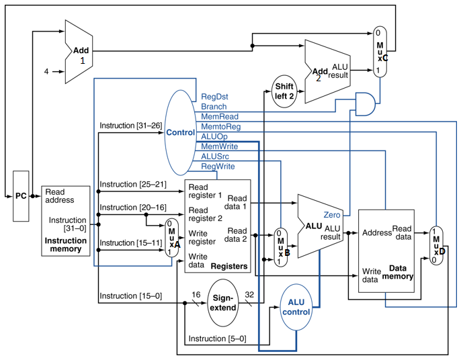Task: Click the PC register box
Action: tap(22, 196)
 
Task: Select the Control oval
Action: tap(181, 132)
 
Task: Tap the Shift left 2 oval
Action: tap(283, 91)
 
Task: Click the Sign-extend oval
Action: tap(223, 302)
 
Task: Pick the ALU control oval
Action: tap(296, 306)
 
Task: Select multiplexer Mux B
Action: tap(280, 246)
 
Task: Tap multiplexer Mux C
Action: tap(381, 51)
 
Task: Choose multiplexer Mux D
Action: tap(437, 245)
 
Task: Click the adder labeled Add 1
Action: tap(79, 52)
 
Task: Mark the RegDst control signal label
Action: tap(214, 96)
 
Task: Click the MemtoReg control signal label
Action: tap(220, 126)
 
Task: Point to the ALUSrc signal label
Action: tap(216, 156)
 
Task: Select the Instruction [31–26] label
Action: tap(131, 126)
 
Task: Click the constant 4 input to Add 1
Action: tap(46, 71)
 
